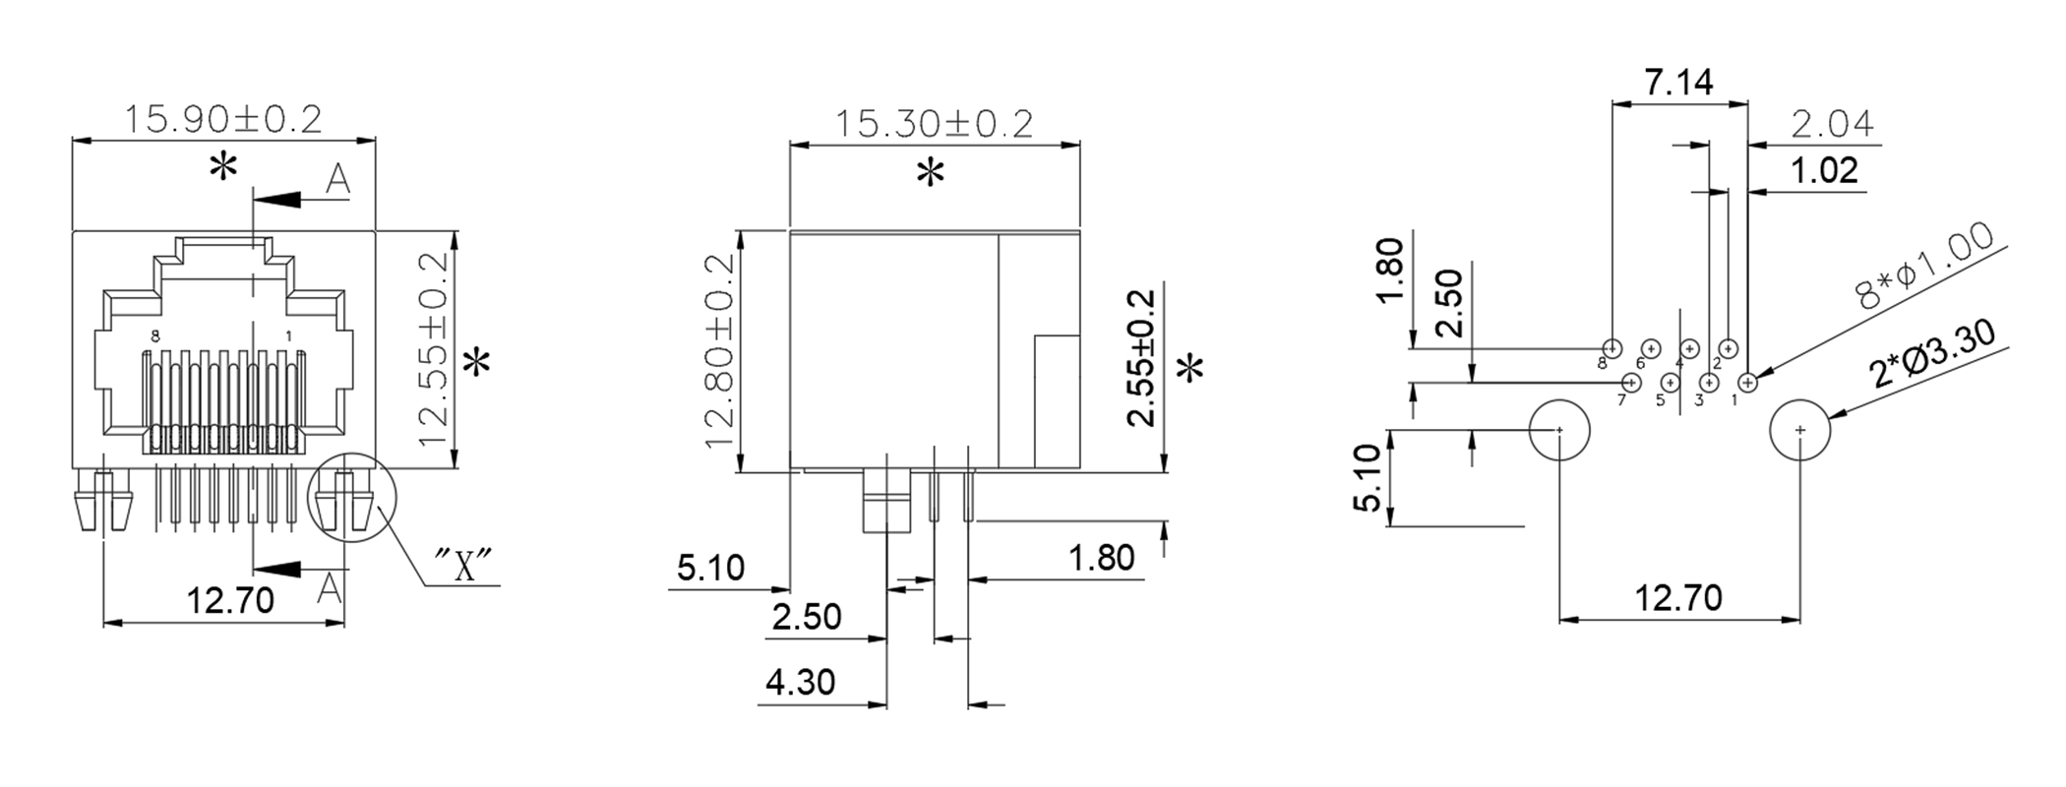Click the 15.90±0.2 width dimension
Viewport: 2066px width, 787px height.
click(x=223, y=119)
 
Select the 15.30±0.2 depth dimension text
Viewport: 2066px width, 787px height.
click(x=934, y=124)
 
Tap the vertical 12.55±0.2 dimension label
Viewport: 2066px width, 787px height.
click(x=433, y=348)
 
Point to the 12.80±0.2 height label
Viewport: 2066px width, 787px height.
click(x=720, y=350)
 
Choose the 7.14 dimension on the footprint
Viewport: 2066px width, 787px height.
click(x=1679, y=83)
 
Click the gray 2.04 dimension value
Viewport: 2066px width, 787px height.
click(x=1832, y=125)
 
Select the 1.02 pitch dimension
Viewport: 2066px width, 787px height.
click(x=1824, y=171)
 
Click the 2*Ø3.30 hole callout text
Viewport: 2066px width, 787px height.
click(x=1933, y=354)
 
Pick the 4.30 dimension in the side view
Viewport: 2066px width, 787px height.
click(x=800, y=682)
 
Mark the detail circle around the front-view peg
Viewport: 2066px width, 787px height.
click(x=350, y=496)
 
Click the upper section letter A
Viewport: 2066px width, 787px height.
click(x=337, y=180)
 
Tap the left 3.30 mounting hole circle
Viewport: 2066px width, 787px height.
click(x=1559, y=430)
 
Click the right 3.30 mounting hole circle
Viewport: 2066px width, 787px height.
click(x=1799, y=430)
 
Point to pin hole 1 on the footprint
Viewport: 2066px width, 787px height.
click(x=1748, y=382)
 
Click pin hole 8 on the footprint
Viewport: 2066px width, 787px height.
click(x=1611, y=348)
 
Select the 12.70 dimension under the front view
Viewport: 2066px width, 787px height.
click(x=231, y=600)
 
